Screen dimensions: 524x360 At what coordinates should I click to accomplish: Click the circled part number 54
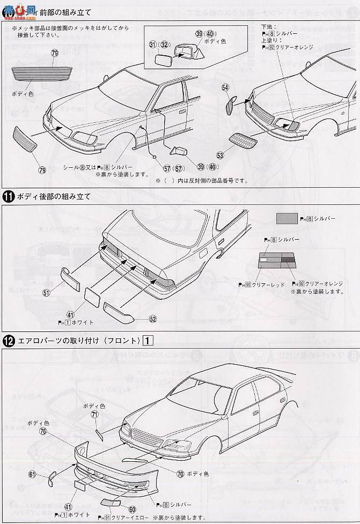(225, 87)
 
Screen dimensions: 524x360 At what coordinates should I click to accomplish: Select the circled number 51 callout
(46, 292)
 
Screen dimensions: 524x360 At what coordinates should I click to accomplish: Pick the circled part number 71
(94, 415)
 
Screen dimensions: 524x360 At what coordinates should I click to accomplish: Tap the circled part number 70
(180, 474)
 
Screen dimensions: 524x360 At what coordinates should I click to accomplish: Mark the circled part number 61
(32, 475)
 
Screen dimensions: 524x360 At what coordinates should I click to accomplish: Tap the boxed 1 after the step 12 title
(149, 340)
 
